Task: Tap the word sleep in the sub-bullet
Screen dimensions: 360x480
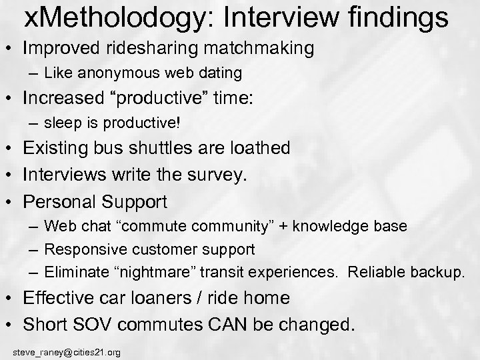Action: pyautogui.click(x=59, y=123)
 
